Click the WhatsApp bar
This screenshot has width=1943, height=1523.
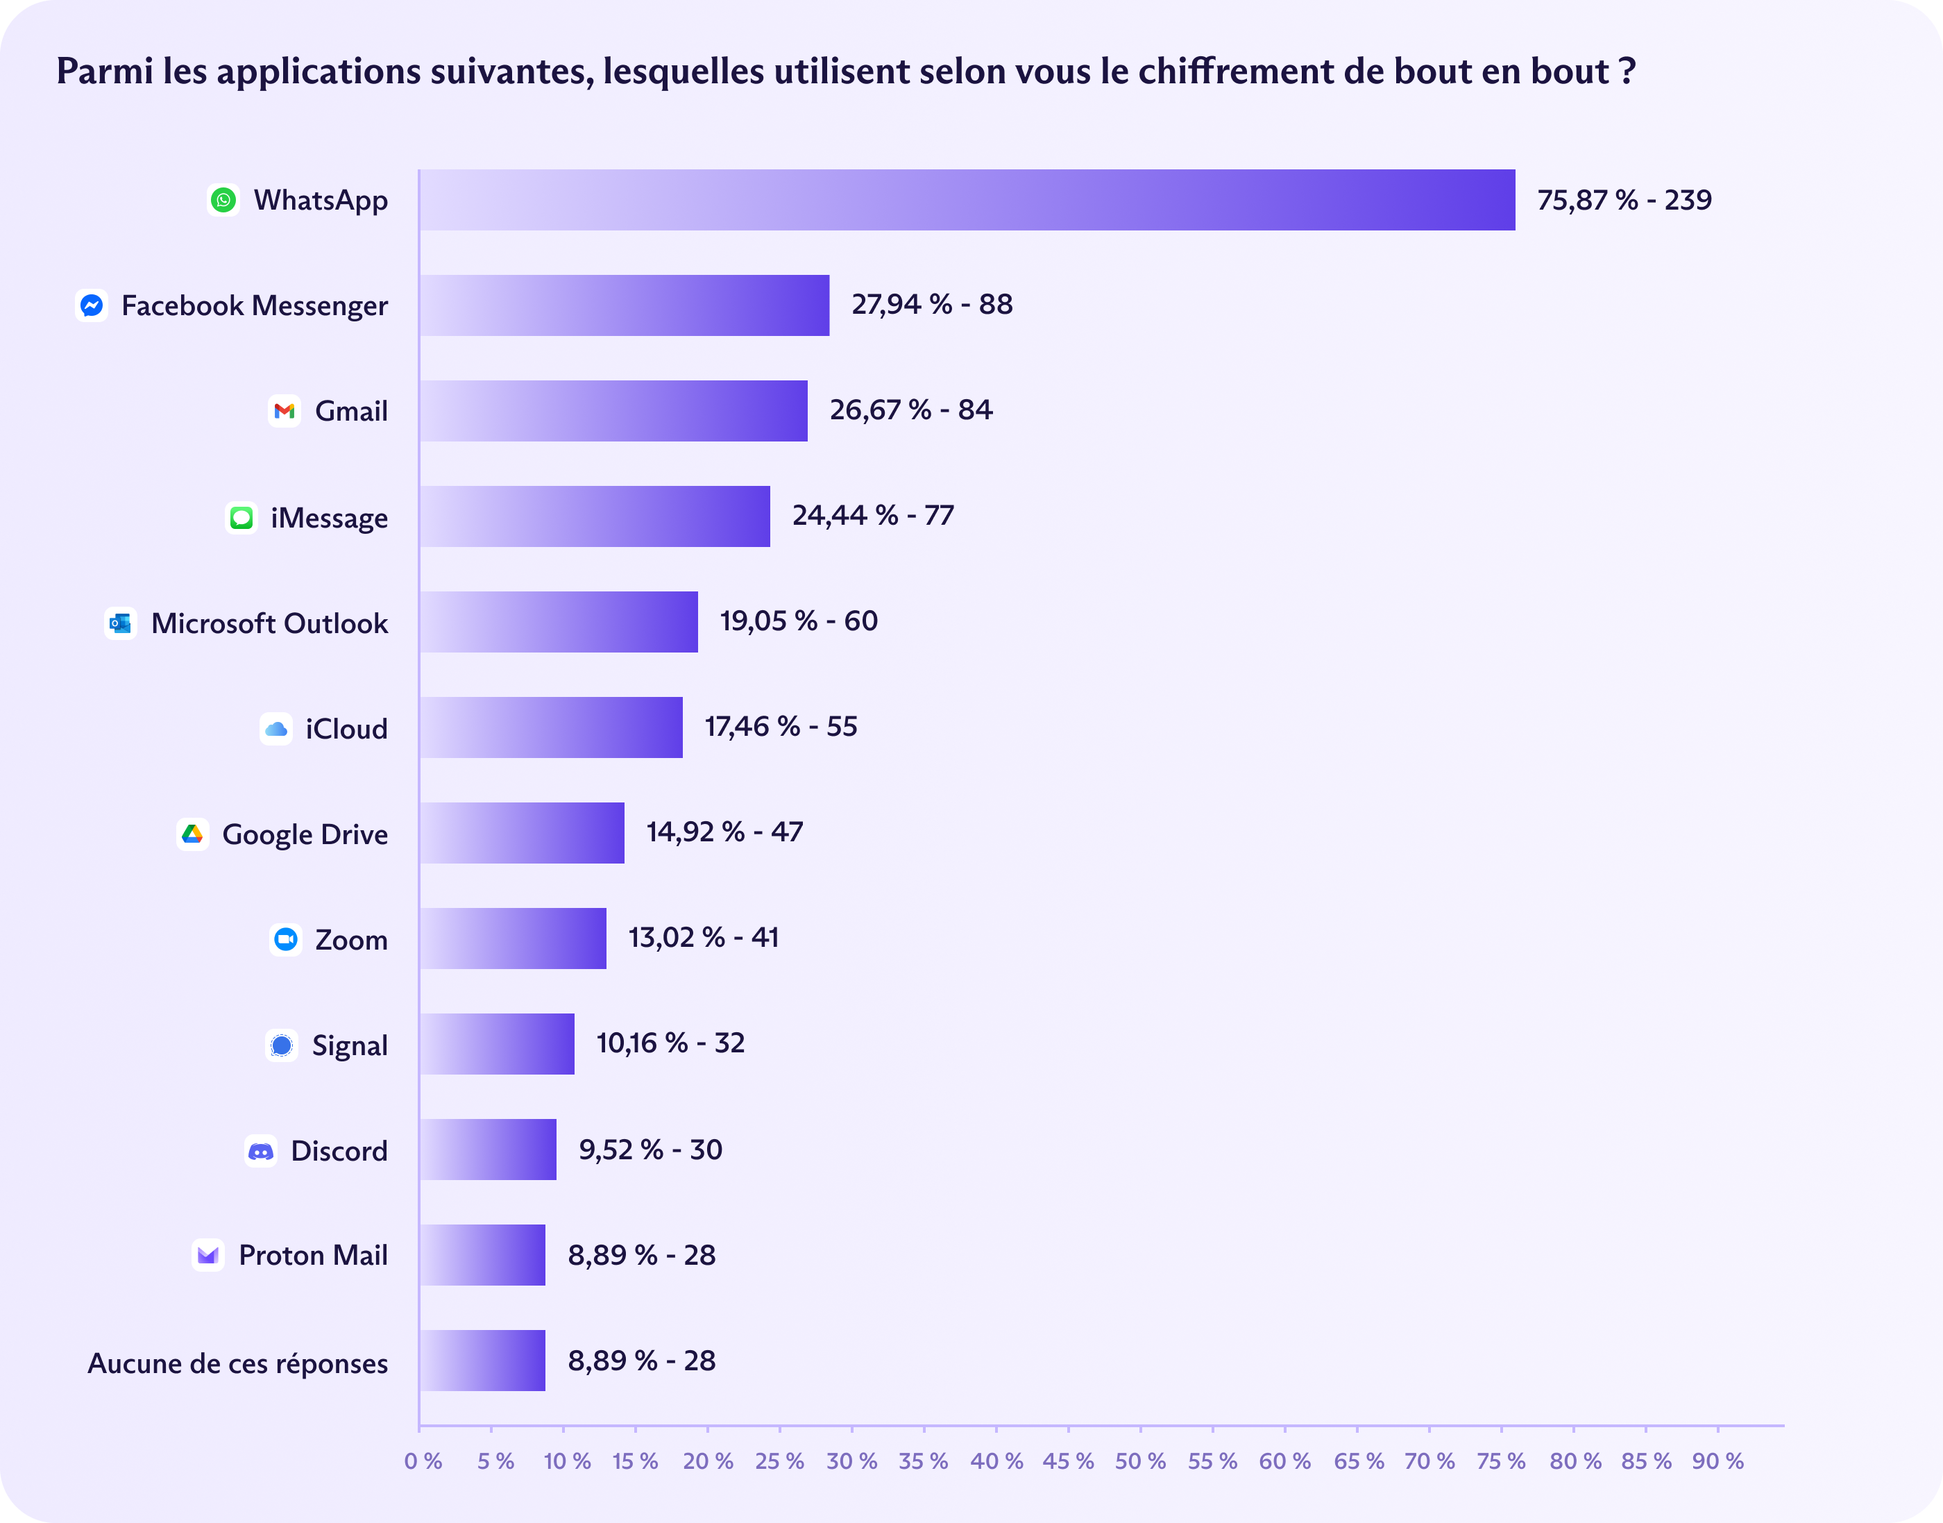(x=967, y=200)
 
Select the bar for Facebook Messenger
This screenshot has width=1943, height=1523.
(x=624, y=305)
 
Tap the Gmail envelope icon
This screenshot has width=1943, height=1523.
(x=285, y=411)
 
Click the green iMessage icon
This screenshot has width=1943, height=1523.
(x=241, y=517)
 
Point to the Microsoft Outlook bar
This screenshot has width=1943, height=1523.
(x=559, y=621)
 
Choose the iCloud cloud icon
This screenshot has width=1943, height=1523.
(x=276, y=728)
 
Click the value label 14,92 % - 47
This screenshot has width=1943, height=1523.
(x=724, y=832)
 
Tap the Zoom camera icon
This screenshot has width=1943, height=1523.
(x=285, y=939)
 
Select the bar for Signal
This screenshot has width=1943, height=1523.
(x=496, y=1043)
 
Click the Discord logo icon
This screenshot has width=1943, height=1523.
(x=260, y=1151)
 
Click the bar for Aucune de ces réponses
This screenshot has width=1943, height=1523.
(x=482, y=1361)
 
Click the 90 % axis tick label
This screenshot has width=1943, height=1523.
(x=1717, y=1461)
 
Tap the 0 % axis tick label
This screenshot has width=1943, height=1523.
(x=423, y=1461)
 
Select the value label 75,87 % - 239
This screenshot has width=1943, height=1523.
(x=1624, y=200)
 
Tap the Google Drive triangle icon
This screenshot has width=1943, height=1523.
(x=192, y=834)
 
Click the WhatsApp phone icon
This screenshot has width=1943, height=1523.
(x=223, y=200)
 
